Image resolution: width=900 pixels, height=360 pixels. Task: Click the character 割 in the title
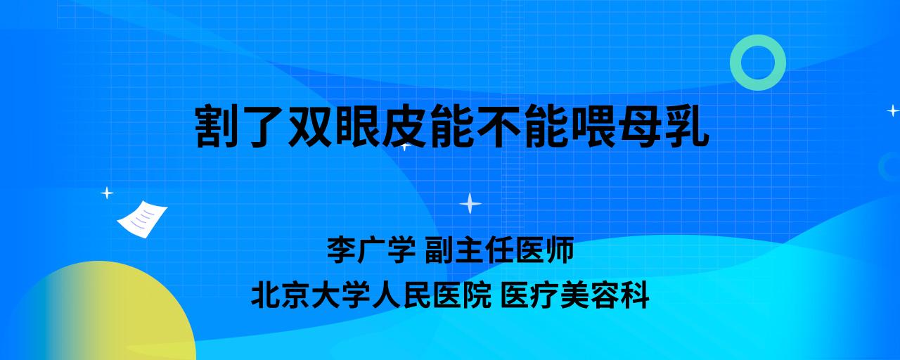pos(217,126)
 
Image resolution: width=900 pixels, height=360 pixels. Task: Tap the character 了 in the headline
pos(264,126)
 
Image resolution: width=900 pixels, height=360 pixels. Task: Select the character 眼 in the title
pos(358,126)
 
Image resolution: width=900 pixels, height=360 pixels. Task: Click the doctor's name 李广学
pos(371,249)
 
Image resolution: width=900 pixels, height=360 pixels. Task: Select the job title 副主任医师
pos(499,249)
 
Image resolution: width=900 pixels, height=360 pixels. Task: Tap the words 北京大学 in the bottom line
pos(311,295)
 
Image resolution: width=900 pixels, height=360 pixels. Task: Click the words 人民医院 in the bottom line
pos(432,295)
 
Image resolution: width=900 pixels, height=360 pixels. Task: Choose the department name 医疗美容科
pos(575,295)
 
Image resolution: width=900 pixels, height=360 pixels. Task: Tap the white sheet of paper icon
pos(142,219)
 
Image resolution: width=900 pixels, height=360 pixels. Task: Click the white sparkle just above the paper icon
pos(107,193)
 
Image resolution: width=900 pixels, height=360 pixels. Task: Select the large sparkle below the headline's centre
pos(470,204)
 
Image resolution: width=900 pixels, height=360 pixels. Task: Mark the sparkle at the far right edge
pos(893,110)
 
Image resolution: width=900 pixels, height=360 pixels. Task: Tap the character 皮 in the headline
pos(404,126)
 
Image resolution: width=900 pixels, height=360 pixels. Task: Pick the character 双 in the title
pos(311,126)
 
